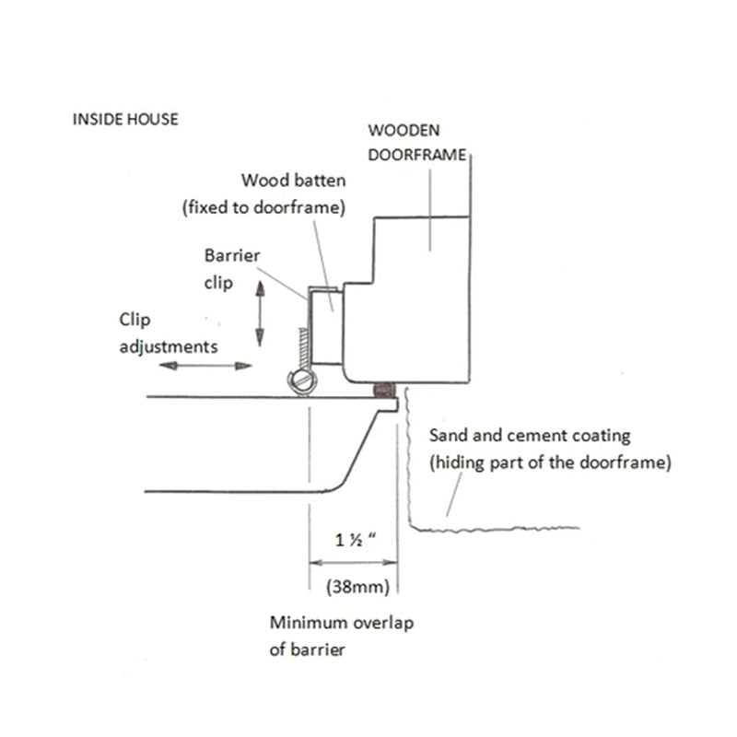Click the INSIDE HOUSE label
tap(124, 119)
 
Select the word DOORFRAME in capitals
tap(417, 155)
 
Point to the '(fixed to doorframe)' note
tap(263, 208)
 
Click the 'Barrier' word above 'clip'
tap(231, 255)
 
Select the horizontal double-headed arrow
tap(205, 366)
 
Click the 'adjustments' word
tap(169, 347)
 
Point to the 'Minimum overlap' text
tap(342, 623)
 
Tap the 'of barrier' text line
tap(307, 649)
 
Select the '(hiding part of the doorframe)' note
tap(548, 462)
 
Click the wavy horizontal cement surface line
tap(497, 529)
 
